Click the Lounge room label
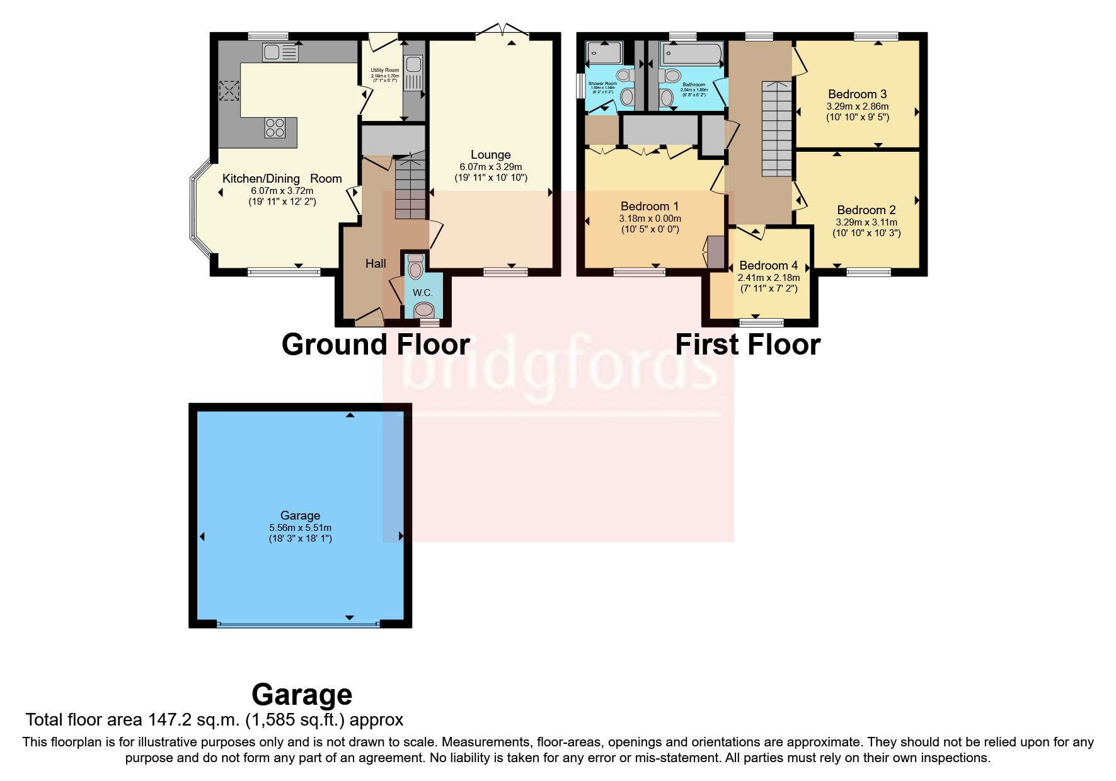pyautogui.click(x=490, y=155)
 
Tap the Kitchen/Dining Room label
pyautogui.click(x=282, y=179)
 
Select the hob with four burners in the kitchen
pyautogui.click(x=275, y=127)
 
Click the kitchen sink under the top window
pyautogui.click(x=280, y=52)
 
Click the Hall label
pyautogui.click(x=376, y=264)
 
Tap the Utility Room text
pyautogui.click(x=384, y=71)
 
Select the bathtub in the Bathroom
pyautogui.click(x=691, y=54)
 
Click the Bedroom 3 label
pyautogui.click(x=857, y=94)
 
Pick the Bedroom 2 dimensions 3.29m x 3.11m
pyautogui.click(x=866, y=222)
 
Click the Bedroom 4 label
pyautogui.click(x=768, y=266)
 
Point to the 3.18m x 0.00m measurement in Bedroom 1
pyautogui.click(x=650, y=219)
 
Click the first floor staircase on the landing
pyautogui.click(x=776, y=129)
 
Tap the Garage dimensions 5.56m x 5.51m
pyautogui.click(x=300, y=528)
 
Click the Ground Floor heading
pyautogui.click(x=376, y=345)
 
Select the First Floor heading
pyautogui.click(x=747, y=345)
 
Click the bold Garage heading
pyautogui.click(x=301, y=695)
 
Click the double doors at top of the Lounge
pyautogui.click(x=502, y=31)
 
